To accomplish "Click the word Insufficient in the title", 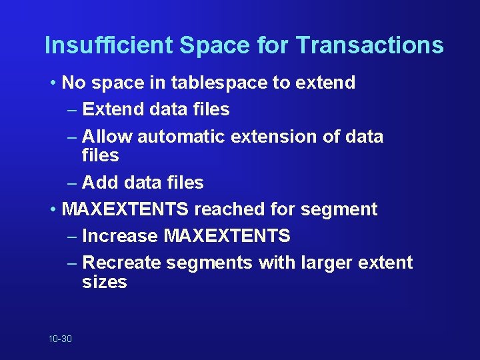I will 108,45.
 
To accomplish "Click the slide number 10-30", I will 60,339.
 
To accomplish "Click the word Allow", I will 108,137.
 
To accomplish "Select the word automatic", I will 181,137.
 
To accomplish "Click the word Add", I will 101,183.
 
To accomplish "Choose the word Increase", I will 120,236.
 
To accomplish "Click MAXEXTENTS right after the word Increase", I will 227,236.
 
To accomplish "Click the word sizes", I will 105,282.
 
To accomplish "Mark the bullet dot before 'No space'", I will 53,83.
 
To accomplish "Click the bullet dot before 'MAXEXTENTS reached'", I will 53,210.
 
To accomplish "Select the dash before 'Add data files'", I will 73,183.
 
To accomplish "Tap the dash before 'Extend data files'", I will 73,109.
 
